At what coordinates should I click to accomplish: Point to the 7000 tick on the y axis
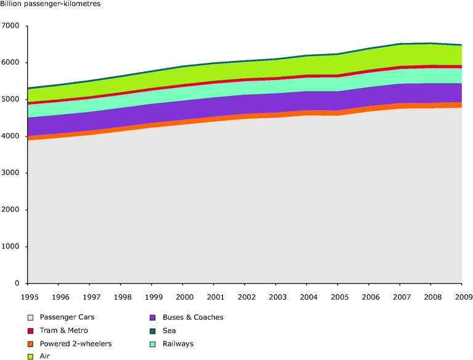coord(12,26)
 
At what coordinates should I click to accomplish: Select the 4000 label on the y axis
coord(12,136)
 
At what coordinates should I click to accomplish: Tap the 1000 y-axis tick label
coord(12,247)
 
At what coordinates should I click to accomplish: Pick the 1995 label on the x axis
coord(28,297)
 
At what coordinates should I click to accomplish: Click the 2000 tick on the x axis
coord(183,297)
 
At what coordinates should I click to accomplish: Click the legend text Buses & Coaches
coord(193,318)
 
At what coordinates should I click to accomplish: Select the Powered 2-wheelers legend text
coord(76,343)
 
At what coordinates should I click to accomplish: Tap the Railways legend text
coord(178,343)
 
